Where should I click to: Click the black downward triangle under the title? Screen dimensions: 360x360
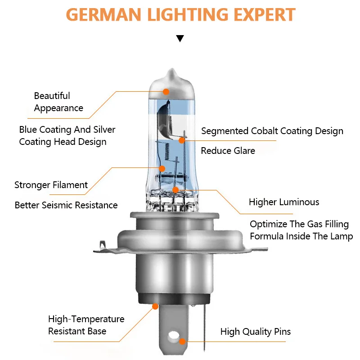pyautogui.click(x=180, y=38)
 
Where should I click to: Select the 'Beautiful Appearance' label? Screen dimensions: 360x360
pyautogui.click(x=58, y=102)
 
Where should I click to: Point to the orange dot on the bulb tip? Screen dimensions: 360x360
pyautogui.click(x=166, y=91)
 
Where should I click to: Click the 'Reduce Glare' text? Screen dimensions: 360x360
pyautogui.click(x=228, y=151)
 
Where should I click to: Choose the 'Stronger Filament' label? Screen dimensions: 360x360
pyautogui.click(x=51, y=185)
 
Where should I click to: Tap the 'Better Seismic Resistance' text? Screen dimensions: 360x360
pyautogui.click(x=66, y=205)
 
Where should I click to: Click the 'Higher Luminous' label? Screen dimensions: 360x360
pyautogui.click(x=284, y=202)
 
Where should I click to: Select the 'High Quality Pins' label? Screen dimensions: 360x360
pyautogui.click(x=256, y=332)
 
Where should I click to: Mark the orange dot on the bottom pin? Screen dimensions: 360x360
pyautogui.click(x=182, y=342)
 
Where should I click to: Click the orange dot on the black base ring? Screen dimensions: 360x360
pyautogui.click(x=156, y=306)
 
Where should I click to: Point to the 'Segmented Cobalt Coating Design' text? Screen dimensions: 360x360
pyautogui.click(x=272, y=131)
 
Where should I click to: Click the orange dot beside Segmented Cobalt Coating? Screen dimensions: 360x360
pyautogui.click(x=181, y=140)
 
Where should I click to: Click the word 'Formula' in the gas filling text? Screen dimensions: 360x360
pyautogui.click(x=267, y=236)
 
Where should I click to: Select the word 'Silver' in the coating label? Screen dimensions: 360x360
pyautogui.click(x=104, y=130)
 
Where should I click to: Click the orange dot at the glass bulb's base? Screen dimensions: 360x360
pyautogui.click(x=175, y=190)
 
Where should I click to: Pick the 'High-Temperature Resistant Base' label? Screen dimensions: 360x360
pyautogui.click(x=86, y=325)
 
